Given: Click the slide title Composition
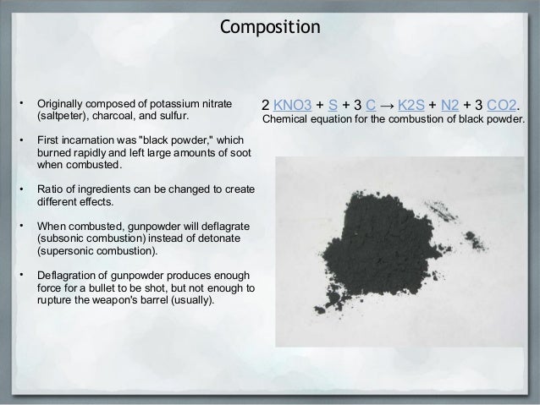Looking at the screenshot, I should pyautogui.click(x=270, y=27).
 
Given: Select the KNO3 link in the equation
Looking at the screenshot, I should pyautogui.click(x=296, y=106).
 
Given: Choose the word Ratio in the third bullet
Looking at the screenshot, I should pyautogui.click(x=48, y=188).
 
